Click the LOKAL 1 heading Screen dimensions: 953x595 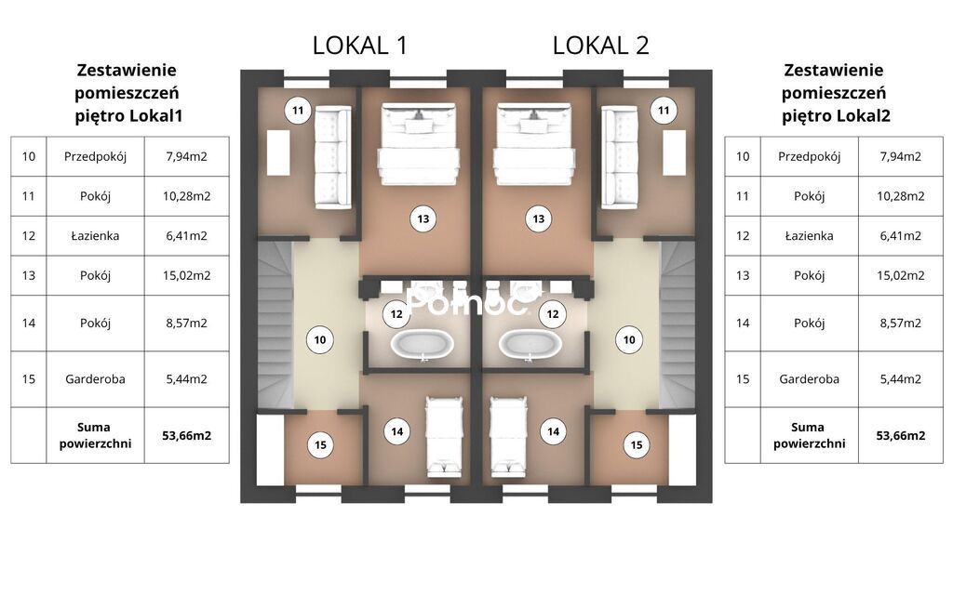[360, 46]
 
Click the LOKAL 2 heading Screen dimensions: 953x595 [600, 46]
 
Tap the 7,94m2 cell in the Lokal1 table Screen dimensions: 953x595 [186, 156]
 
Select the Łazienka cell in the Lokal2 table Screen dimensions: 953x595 [809, 235]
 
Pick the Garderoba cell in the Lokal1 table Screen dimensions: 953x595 [96, 379]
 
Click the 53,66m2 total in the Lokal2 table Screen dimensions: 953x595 [901, 435]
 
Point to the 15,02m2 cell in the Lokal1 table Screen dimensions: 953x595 [186, 275]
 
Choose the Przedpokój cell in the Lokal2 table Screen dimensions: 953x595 [809, 156]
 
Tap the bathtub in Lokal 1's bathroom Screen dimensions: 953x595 [422, 344]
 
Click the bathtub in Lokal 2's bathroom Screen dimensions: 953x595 [530, 344]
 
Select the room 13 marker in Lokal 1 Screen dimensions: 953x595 [423, 219]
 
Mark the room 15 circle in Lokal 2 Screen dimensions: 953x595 [637, 445]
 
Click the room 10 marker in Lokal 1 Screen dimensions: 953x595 [320, 340]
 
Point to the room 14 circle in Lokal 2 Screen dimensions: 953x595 [553, 431]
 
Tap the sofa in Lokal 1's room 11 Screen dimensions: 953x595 [333, 157]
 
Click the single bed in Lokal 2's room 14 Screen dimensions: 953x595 [509, 437]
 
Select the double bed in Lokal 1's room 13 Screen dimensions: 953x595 [418, 144]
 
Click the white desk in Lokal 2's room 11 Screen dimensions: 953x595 [674, 153]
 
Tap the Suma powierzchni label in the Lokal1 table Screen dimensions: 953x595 [95, 435]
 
